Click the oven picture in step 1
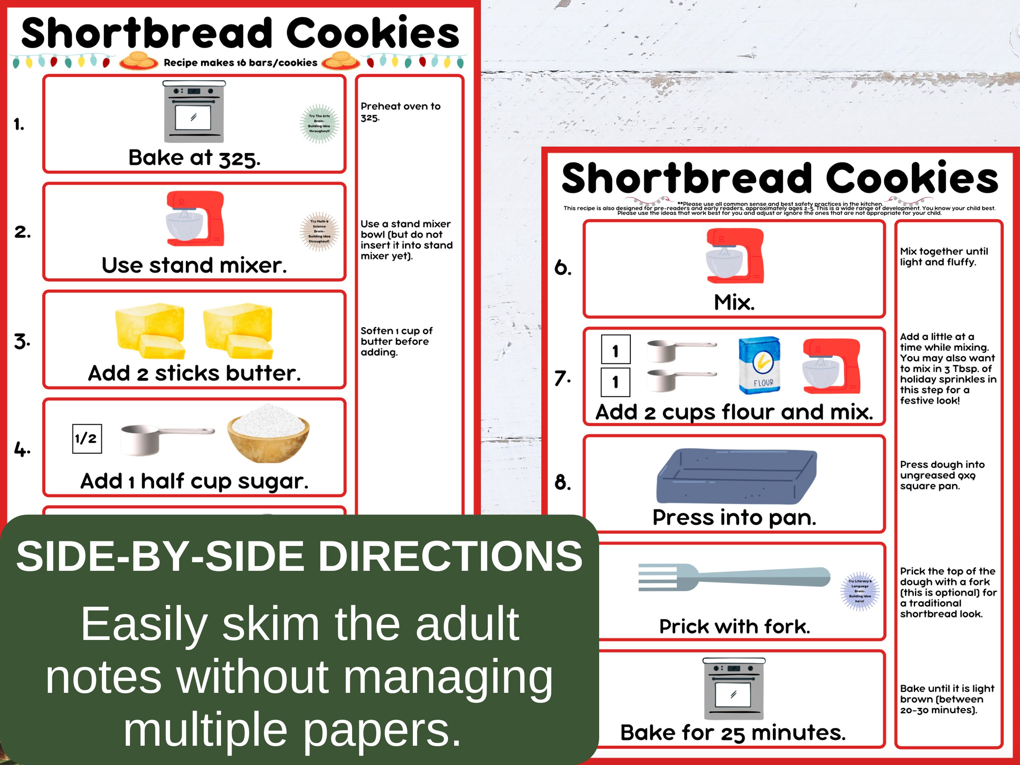click(x=194, y=111)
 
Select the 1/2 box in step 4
click(x=87, y=439)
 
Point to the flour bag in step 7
click(x=759, y=365)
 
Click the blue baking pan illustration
click(x=736, y=476)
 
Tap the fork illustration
click(x=734, y=576)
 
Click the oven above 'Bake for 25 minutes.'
click(x=734, y=688)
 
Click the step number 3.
click(x=22, y=342)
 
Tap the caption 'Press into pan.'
click(x=734, y=518)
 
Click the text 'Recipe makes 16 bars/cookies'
click(x=240, y=63)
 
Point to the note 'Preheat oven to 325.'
click(x=400, y=111)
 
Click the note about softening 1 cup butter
click(x=396, y=341)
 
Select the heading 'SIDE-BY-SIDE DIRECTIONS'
click(x=299, y=556)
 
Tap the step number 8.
click(x=563, y=482)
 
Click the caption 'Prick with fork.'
click(x=734, y=626)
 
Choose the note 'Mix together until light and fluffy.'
click(x=943, y=257)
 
